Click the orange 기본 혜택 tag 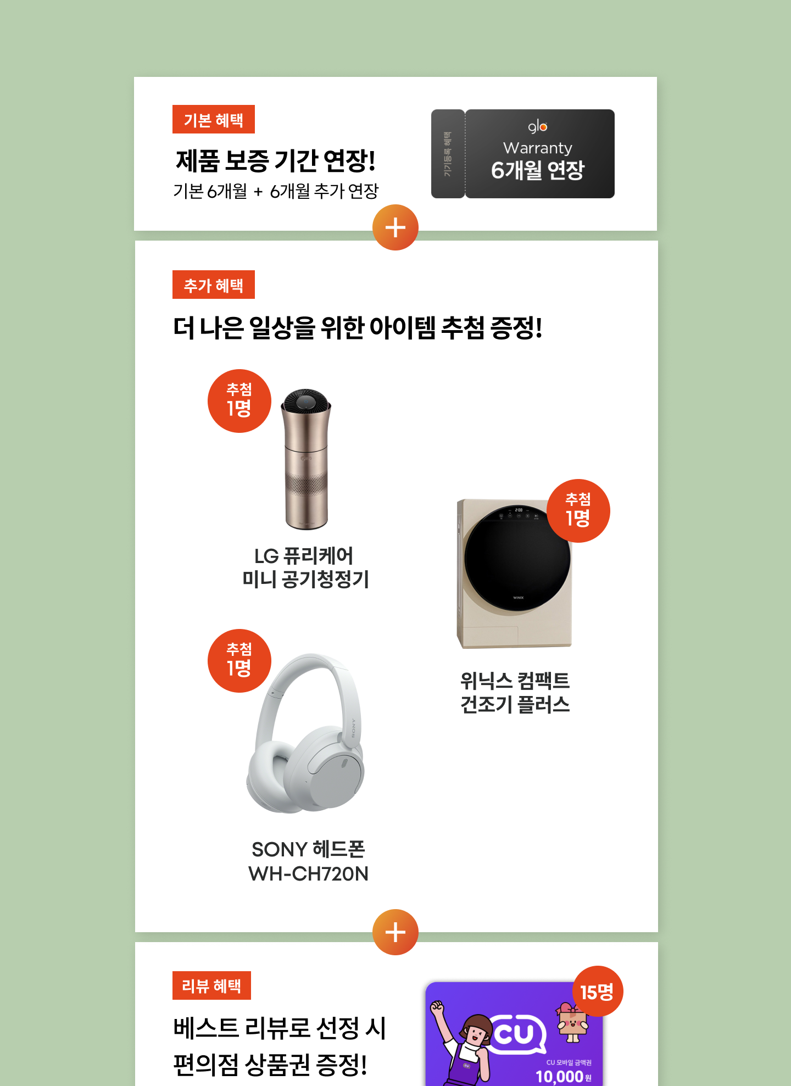213,119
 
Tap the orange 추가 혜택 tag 213,285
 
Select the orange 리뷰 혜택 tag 211,985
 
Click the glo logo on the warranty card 538,127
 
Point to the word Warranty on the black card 538,148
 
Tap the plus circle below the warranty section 396,227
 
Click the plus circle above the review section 396,932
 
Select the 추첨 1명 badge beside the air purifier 239,401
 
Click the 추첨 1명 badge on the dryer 578,511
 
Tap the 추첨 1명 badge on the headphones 239,661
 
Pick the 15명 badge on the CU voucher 598,992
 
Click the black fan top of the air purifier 306,401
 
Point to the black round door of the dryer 517,558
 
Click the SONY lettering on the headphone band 353,728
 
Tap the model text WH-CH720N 308,873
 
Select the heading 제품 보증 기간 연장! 276,160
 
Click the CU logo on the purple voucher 515,1034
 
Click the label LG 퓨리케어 304,556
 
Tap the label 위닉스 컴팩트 515,681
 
